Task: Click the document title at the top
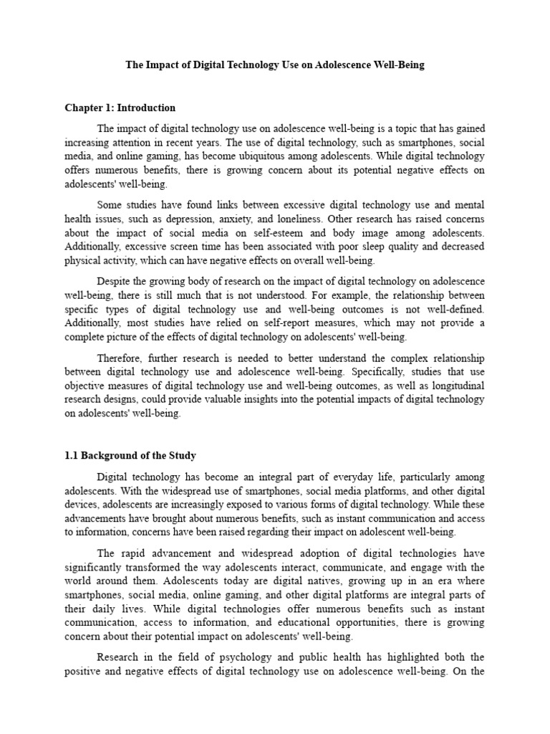tap(275, 65)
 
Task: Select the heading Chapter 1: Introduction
tap(120, 108)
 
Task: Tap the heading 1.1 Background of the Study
tap(130, 455)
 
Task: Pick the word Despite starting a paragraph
tap(115, 280)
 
